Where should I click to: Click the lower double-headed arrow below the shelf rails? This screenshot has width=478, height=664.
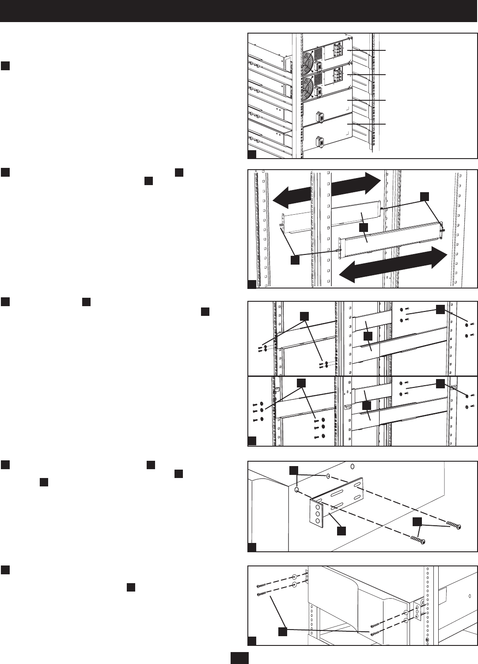pyautogui.click(x=395, y=265)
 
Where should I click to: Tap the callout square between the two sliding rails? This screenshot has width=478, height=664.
pyautogui.click(x=364, y=227)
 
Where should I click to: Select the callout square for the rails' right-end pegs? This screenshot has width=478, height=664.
pyautogui.click(x=424, y=196)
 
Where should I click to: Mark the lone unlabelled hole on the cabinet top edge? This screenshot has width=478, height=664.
pyautogui.click(x=352, y=466)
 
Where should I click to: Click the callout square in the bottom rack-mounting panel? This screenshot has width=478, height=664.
pyautogui.click(x=282, y=633)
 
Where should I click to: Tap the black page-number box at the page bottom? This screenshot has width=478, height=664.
pyautogui.click(x=239, y=658)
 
